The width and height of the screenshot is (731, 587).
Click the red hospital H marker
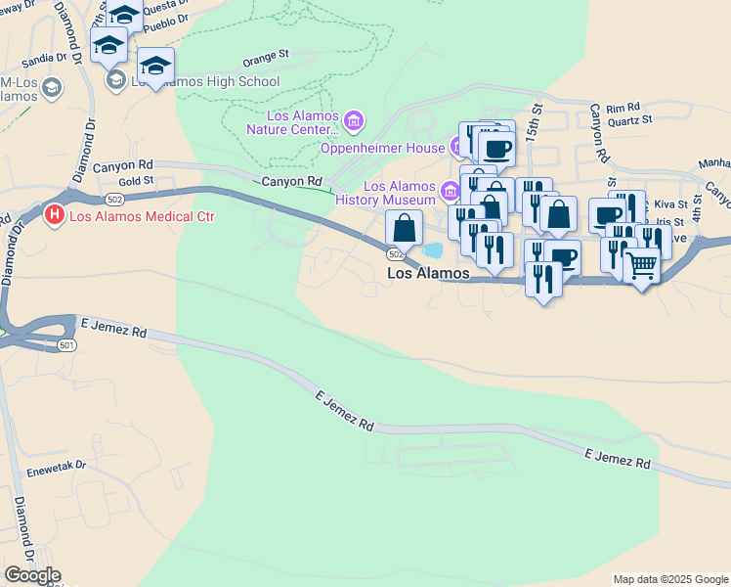pyautogui.click(x=55, y=214)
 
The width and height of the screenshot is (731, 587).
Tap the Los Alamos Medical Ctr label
pyautogui.click(x=141, y=215)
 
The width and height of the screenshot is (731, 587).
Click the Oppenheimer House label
pyautogui.click(x=383, y=148)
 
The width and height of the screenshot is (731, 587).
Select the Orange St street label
pyautogui.click(x=266, y=59)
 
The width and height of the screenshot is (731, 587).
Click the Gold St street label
pyautogui.click(x=136, y=181)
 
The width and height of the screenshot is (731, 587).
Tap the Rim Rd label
pyautogui.click(x=623, y=107)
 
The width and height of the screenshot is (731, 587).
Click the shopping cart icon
pyautogui.click(x=641, y=265)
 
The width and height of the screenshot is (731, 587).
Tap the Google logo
pyautogui.click(x=32, y=575)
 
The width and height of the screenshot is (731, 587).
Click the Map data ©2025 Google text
pyautogui.click(x=669, y=579)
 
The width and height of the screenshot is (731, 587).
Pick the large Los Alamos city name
pyautogui.click(x=428, y=274)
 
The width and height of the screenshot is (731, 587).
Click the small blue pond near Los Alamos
pyautogui.click(x=432, y=250)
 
